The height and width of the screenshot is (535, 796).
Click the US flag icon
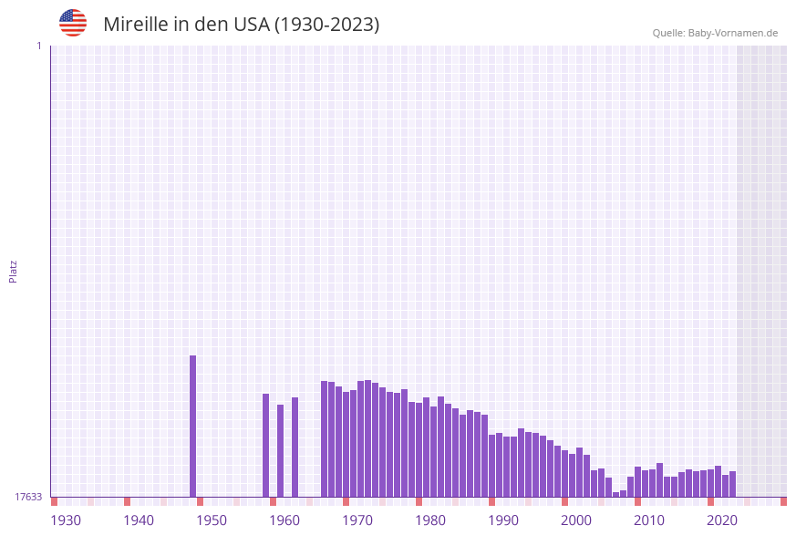(73, 23)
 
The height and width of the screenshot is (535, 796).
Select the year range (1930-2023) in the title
(326, 25)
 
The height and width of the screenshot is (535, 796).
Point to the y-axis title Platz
(14, 271)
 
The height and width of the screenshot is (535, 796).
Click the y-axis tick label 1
(38, 46)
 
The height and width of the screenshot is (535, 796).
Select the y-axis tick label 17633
(28, 497)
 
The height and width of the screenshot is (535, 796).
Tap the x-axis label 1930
(66, 520)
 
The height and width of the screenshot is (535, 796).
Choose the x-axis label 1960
(284, 520)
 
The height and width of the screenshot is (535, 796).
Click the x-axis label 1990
(503, 520)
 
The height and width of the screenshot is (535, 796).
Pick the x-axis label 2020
(722, 520)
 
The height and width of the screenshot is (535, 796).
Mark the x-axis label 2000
(576, 520)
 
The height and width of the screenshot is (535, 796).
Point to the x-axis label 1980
(430, 520)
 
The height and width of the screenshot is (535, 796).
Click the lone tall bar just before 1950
(193, 426)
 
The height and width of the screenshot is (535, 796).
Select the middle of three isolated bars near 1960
(281, 450)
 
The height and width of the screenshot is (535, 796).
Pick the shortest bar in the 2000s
(616, 494)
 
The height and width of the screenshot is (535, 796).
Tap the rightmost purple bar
(733, 484)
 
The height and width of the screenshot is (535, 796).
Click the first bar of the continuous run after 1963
(325, 438)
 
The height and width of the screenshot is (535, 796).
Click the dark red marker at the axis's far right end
(783, 501)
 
